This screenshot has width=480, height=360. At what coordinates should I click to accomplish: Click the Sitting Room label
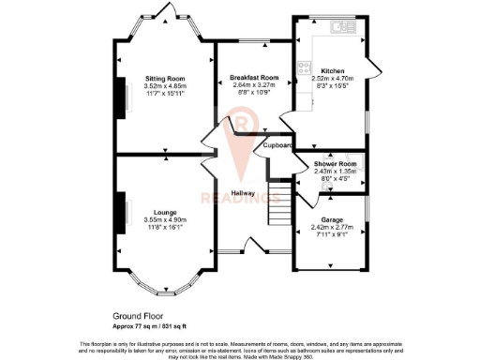pyautogui.click(x=164, y=78)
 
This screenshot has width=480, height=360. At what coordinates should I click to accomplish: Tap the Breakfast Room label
pyautogui.click(x=256, y=77)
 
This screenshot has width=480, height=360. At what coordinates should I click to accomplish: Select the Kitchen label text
pyautogui.click(x=333, y=71)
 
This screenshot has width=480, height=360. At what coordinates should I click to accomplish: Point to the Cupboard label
pyautogui.click(x=277, y=146)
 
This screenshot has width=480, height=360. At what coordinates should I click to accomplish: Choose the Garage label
pyautogui.click(x=331, y=218)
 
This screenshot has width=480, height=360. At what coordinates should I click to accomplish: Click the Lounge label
pyautogui.click(x=166, y=212)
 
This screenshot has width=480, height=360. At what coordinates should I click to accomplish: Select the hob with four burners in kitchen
pyautogui.click(x=304, y=67)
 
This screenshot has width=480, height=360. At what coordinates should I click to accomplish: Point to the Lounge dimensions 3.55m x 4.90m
pyautogui.click(x=166, y=219)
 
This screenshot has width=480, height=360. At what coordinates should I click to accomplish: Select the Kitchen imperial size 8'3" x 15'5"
pyautogui.click(x=333, y=86)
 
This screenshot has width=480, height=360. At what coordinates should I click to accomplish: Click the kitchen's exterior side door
pyautogui.click(x=373, y=66)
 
